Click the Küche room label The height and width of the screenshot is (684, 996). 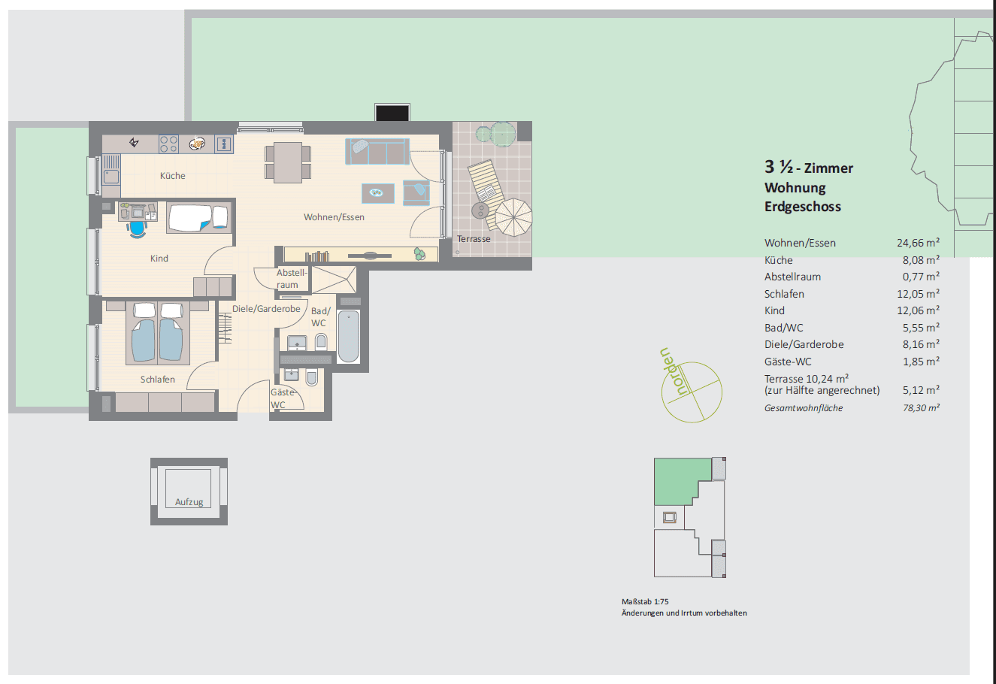[x=173, y=176]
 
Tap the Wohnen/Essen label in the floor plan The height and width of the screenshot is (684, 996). [x=334, y=217]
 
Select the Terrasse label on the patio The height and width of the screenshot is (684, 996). [x=474, y=239]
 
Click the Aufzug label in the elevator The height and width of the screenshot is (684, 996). [x=189, y=502]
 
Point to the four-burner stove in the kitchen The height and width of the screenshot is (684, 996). [x=168, y=144]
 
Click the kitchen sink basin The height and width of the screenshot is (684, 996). [x=111, y=177]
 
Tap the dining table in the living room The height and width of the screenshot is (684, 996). [x=288, y=162]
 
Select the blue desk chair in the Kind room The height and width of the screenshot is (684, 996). [x=137, y=229]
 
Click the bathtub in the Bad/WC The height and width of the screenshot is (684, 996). [x=349, y=336]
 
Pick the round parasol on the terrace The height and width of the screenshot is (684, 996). [x=513, y=217]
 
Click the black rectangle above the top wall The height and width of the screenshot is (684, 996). [x=392, y=113]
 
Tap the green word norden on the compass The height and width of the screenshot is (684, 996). [x=673, y=372]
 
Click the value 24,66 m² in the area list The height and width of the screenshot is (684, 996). [x=918, y=243]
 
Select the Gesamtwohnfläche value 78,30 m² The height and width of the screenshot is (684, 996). [x=921, y=408]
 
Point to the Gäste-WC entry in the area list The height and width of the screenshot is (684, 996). [x=788, y=362]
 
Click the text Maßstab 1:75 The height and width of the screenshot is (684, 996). [x=645, y=602]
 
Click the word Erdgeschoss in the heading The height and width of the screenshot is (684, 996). [x=803, y=207]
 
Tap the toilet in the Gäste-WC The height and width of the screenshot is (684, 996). [x=312, y=377]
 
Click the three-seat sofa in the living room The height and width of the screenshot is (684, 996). [x=377, y=152]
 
